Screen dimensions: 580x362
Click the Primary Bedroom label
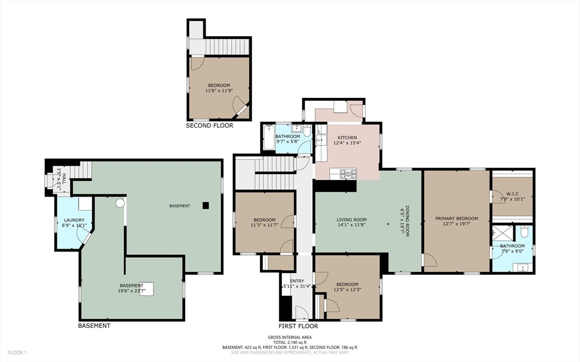[x=457, y=218]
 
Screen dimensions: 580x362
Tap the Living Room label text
[x=351, y=219]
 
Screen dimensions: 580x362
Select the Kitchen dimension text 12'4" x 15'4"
[x=347, y=143]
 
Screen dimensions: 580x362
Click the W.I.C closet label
[x=512, y=194]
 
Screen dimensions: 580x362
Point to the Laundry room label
[x=74, y=220]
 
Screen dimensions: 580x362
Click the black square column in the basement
[x=206, y=206]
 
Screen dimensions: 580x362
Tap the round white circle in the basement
[x=120, y=203]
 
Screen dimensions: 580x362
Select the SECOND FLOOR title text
[x=210, y=125]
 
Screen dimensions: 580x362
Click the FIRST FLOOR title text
[x=298, y=326]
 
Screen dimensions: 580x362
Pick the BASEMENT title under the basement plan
[x=94, y=326]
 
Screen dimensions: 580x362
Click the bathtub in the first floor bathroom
[x=269, y=137]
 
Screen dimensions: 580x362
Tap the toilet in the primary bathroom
[x=524, y=232]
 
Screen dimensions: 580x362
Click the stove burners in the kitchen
[x=348, y=173]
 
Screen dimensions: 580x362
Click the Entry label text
[x=297, y=281]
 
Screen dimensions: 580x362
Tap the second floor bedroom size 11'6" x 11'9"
[x=219, y=90]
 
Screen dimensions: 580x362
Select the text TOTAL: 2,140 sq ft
[x=289, y=342]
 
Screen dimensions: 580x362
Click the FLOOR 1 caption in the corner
[x=17, y=352]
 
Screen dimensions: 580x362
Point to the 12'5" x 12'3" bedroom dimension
[x=347, y=290]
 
